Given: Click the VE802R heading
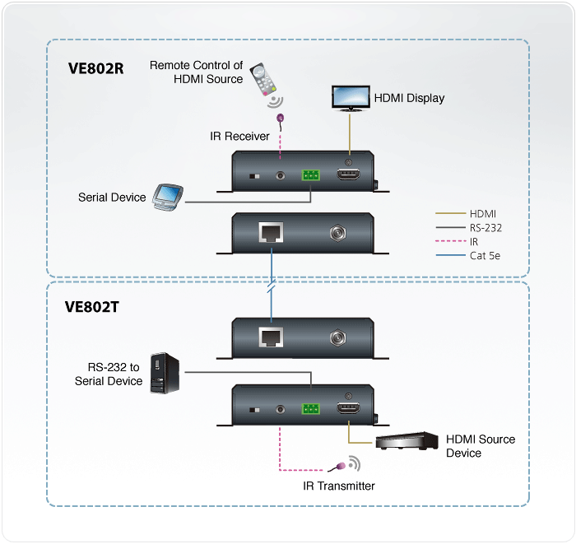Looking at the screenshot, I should (96, 67).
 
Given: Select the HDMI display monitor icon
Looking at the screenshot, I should (350, 96).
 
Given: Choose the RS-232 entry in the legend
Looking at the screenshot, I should (485, 228).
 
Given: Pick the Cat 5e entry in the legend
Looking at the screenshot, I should (485, 256).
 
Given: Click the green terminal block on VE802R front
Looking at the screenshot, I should (311, 175).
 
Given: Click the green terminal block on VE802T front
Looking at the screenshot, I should (311, 408).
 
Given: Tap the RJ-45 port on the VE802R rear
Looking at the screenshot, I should (272, 233).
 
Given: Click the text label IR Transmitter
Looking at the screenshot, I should (339, 486).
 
